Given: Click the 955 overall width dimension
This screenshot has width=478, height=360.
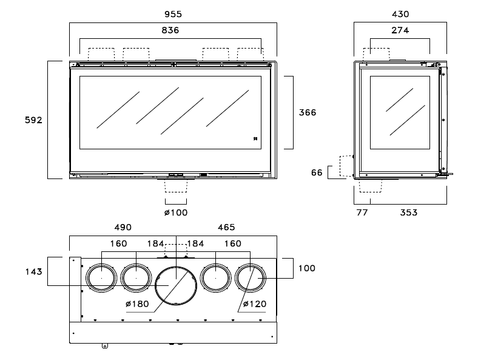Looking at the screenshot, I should tap(173, 13).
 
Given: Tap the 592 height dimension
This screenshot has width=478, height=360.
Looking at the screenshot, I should tap(33, 120).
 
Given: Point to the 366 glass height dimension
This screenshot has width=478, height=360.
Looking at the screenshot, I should tap(308, 112).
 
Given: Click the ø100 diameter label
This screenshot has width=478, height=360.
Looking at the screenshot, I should tap(176, 212).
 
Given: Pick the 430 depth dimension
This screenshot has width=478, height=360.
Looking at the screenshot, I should tap(400, 13).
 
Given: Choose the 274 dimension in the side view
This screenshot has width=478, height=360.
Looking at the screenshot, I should tap(400, 29).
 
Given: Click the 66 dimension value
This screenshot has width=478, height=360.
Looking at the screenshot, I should tap(317, 172).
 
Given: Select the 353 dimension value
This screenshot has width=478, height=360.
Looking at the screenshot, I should tap(408, 212).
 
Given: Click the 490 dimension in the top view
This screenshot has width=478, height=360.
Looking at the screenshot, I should tap(123, 227).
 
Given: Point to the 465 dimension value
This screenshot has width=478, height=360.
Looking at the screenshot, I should tap(226, 227).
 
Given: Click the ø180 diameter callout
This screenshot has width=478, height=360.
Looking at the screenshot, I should tap(136, 304).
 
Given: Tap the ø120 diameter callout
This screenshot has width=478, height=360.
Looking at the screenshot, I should tap(255, 304).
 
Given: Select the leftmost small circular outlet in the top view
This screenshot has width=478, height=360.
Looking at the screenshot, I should tap(101, 278).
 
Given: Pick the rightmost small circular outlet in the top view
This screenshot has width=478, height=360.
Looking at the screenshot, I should tap(250, 278).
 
